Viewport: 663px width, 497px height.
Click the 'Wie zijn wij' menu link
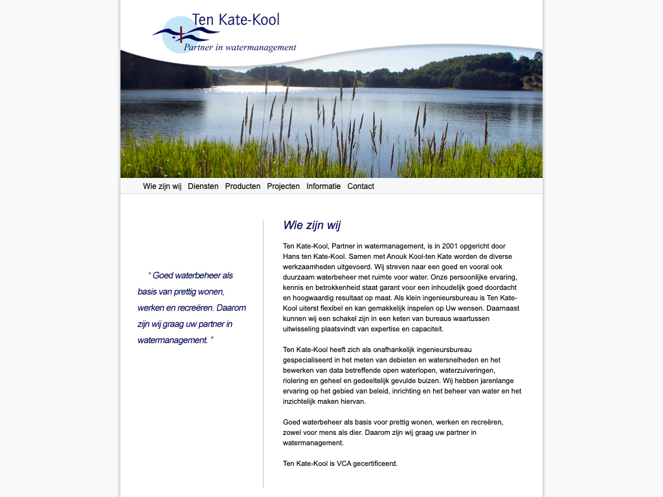click(x=162, y=186)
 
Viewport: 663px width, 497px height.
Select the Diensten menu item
click(x=203, y=186)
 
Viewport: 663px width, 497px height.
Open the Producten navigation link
click(x=243, y=186)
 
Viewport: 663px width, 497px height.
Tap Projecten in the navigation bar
click(x=284, y=186)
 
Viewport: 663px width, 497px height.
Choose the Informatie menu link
click(x=324, y=186)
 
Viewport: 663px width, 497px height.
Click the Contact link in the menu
click(x=361, y=186)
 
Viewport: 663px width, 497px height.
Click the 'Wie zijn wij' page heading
click(x=311, y=225)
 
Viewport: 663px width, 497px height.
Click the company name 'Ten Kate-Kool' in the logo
click(x=236, y=20)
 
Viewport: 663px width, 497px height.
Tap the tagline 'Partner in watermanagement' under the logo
click(x=240, y=47)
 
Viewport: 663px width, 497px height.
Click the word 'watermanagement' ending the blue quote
click(x=172, y=340)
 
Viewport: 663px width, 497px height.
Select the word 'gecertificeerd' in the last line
click(x=376, y=463)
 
